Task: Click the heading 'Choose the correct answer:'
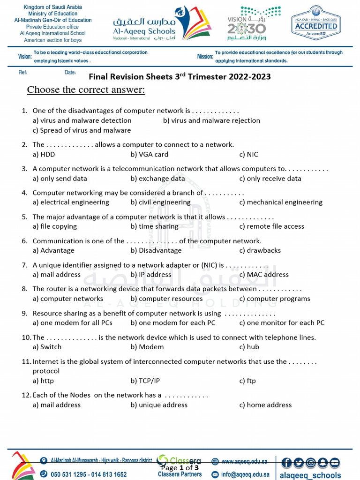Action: [x=86, y=90]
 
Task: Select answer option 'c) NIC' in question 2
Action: [x=248, y=154]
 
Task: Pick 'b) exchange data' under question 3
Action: [x=157, y=179]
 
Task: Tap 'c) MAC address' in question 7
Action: [x=264, y=275]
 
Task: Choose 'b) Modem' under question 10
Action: [x=147, y=347]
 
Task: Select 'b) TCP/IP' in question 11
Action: [x=145, y=381]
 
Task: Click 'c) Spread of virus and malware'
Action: [x=82, y=130]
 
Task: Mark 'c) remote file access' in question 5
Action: [x=271, y=226]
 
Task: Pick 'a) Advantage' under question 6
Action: [x=53, y=250]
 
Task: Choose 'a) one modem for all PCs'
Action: [x=73, y=323]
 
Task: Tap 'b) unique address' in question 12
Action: [x=159, y=405]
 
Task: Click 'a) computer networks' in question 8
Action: [x=68, y=299]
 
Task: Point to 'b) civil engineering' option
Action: [x=161, y=202]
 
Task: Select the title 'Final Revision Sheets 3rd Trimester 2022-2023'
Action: [x=180, y=76]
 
